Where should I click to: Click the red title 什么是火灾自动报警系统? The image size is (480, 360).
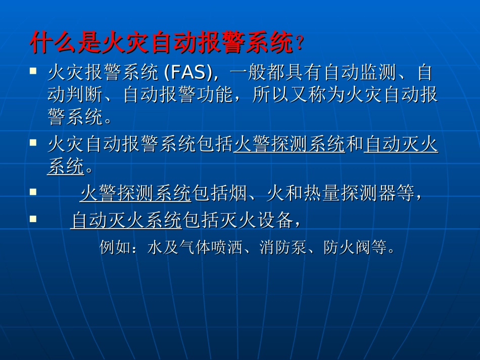(x=162, y=43)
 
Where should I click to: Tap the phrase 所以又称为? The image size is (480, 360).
(x=297, y=96)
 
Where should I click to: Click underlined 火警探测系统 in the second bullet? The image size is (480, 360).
(x=289, y=145)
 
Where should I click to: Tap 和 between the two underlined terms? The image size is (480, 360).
(x=355, y=145)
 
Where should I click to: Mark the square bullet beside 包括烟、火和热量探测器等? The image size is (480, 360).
(x=33, y=192)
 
